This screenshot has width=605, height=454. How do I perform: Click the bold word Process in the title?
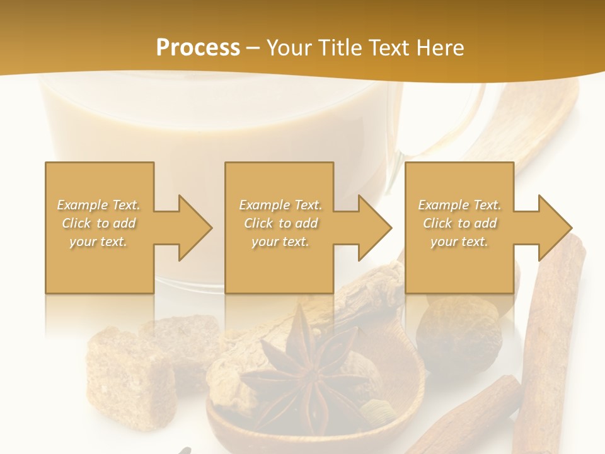tap(198, 48)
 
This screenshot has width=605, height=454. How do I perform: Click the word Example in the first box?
tap(83, 205)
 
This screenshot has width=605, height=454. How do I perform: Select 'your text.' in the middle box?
tap(280, 242)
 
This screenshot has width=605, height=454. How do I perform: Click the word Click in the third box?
tap(438, 223)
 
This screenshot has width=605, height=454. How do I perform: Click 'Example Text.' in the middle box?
tap(280, 205)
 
